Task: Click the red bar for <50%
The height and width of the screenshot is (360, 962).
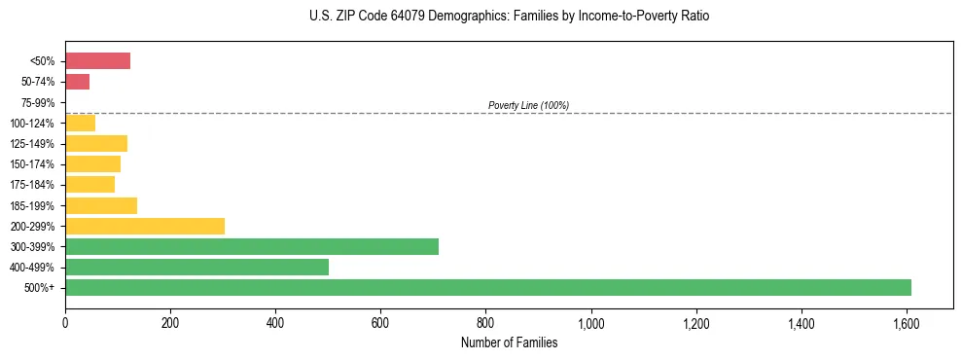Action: (x=97, y=61)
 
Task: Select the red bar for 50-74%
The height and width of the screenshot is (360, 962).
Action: (x=77, y=82)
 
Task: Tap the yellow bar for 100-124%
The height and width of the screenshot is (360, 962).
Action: (x=80, y=123)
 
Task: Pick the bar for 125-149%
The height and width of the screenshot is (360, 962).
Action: (x=96, y=144)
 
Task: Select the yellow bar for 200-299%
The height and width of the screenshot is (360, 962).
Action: (x=145, y=226)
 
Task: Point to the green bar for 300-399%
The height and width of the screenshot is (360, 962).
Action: (x=252, y=246)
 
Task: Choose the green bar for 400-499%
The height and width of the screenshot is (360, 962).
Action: (x=196, y=267)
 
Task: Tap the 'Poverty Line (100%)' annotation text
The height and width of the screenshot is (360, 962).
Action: (x=528, y=105)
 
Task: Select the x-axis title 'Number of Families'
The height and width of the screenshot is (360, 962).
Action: (x=509, y=342)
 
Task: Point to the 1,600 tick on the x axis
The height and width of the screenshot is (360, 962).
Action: (x=907, y=323)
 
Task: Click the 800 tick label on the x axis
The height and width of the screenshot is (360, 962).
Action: (x=485, y=323)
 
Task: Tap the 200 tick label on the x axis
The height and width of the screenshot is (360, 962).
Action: (x=170, y=323)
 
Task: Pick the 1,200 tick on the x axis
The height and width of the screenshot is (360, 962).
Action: (x=696, y=323)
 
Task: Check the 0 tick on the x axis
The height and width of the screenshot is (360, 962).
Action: (x=65, y=323)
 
